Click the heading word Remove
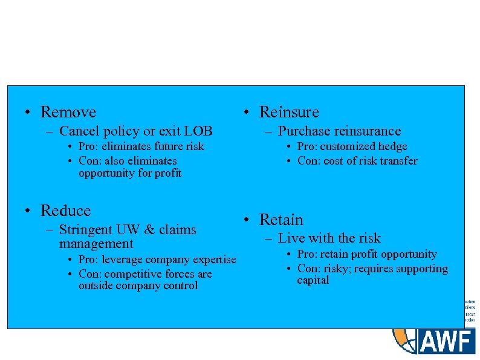click(x=68, y=112)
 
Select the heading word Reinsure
click(x=289, y=112)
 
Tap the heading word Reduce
click(x=65, y=211)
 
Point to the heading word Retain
click(x=281, y=220)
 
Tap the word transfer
click(x=397, y=161)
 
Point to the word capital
click(x=313, y=280)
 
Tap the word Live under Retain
click(x=290, y=238)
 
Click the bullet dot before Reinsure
click(x=247, y=113)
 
